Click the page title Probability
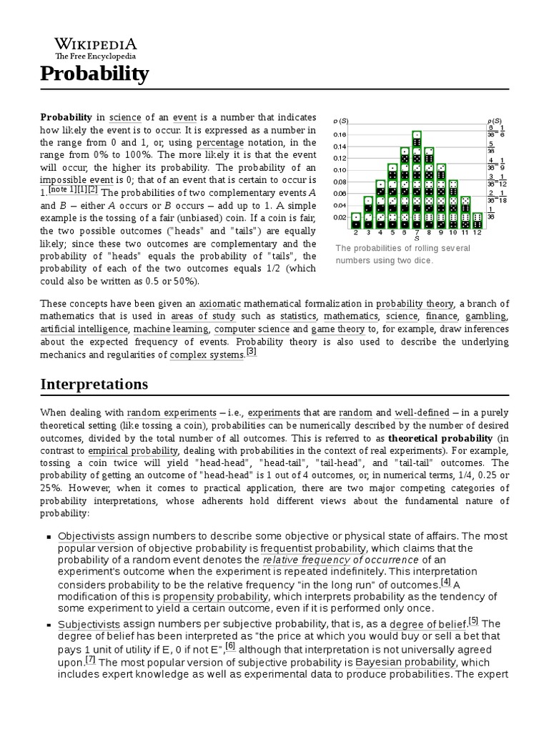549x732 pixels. click(x=94, y=74)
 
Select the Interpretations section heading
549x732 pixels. click(x=94, y=384)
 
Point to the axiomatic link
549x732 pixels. click(x=220, y=303)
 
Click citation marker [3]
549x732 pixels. click(x=251, y=352)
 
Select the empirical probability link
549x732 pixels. click(x=133, y=451)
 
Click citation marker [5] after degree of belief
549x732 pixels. click(x=474, y=620)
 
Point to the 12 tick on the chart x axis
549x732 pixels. click(x=478, y=232)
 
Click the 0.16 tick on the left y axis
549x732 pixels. click(x=340, y=134)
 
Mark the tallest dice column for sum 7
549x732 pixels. click(x=417, y=179)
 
